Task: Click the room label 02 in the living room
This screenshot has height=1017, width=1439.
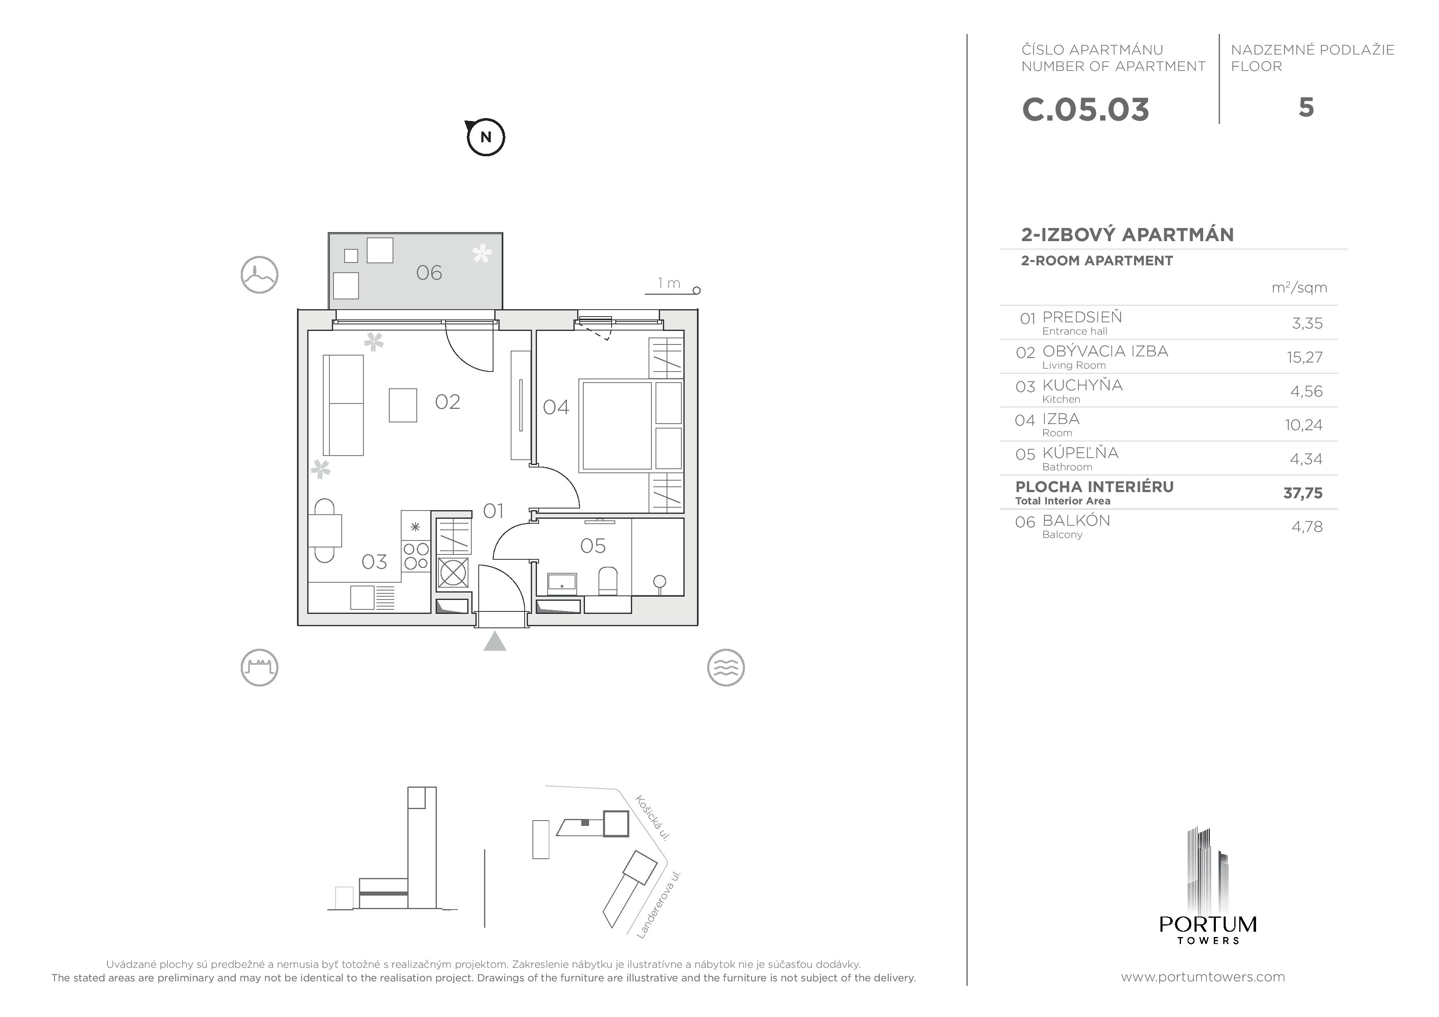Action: pyautogui.click(x=448, y=401)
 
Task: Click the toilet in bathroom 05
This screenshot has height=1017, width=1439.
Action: pyautogui.click(x=608, y=580)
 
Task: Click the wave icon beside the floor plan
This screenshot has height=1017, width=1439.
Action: pyautogui.click(x=726, y=667)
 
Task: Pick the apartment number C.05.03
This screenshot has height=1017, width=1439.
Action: pyautogui.click(x=1085, y=109)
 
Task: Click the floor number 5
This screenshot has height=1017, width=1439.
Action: pyautogui.click(x=1306, y=108)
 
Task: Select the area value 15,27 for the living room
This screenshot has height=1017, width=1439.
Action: pyautogui.click(x=1304, y=357)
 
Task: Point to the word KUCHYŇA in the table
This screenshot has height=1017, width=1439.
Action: pyautogui.click(x=1083, y=385)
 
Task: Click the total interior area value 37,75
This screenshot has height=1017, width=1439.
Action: pyautogui.click(x=1302, y=493)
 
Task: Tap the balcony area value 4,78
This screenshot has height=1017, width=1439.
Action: pyautogui.click(x=1307, y=527)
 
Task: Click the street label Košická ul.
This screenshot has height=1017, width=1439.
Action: pyautogui.click(x=653, y=818)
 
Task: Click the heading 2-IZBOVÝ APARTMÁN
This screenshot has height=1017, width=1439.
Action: pyautogui.click(x=1127, y=234)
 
